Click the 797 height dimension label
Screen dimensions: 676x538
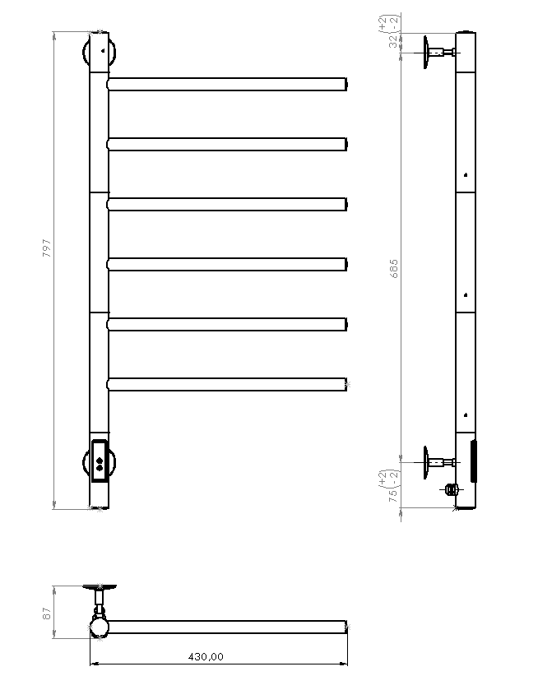(x=46, y=248)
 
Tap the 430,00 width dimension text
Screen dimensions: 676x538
(x=206, y=656)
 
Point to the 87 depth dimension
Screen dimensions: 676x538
(x=47, y=612)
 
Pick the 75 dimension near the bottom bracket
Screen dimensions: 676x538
(x=393, y=496)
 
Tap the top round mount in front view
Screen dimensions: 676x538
(x=100, y=53)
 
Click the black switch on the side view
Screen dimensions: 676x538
(x=473, y=461)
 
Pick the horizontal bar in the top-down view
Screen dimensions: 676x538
(x=226, y=627)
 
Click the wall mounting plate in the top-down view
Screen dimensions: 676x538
(x=99, y=587)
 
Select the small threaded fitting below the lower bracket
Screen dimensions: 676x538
(x=449, y=489)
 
